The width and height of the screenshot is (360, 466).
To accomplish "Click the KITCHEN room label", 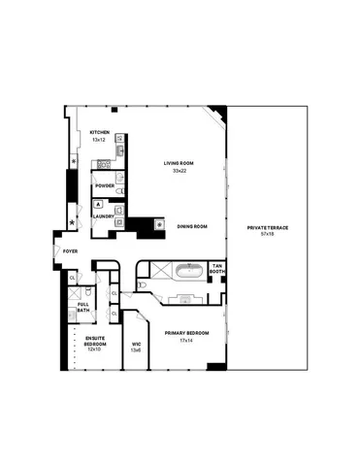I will click(99, 132).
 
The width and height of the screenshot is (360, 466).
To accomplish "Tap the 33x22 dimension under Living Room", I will click(179, 171).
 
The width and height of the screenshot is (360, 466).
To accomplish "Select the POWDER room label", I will click(104, 185).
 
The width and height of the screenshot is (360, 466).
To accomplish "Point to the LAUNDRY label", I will click(104, 216).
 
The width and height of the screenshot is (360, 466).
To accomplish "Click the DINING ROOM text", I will click(192, 226).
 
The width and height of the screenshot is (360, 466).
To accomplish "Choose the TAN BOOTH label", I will click(217, 268).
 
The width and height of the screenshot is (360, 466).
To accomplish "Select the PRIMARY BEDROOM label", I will click(179, 333).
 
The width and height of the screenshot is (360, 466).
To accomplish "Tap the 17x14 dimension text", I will click(179, 340).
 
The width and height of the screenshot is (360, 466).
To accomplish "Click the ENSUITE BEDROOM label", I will click(94, 341).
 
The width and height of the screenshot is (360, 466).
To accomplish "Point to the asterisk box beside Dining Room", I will click(160, 225).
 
